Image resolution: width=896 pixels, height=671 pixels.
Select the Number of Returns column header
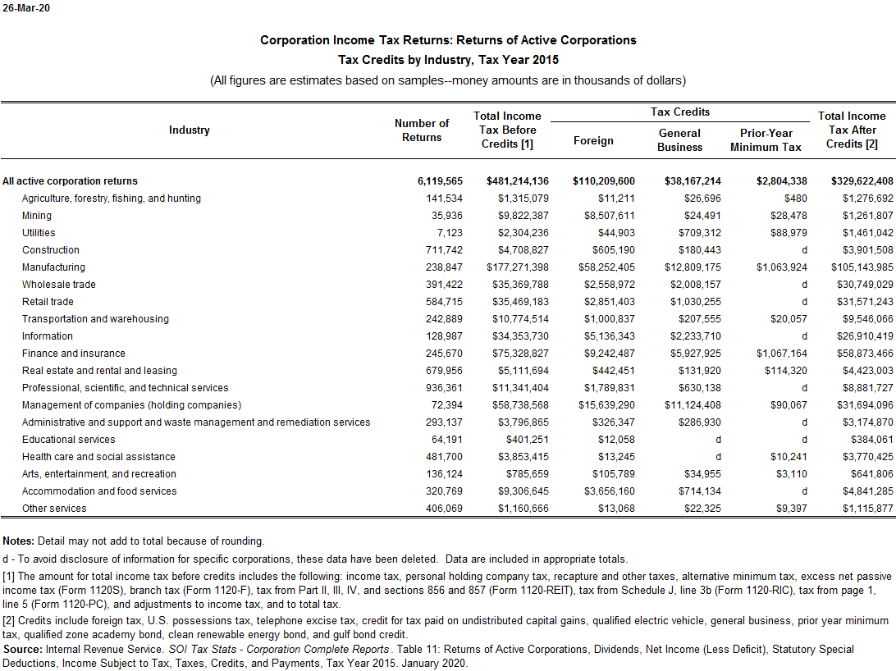pos(422,130)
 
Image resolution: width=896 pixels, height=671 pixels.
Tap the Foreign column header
pos(593,140)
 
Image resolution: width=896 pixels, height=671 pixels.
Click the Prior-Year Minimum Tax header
pos(766,140)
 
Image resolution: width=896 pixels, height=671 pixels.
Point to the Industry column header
pos(190,130)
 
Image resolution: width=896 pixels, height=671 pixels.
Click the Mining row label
pos(37,216)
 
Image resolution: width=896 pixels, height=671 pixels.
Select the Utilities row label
pos(39,233)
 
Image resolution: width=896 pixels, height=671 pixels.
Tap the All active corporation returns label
pos(70,181)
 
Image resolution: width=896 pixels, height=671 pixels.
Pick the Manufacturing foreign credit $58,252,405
pos(604,267)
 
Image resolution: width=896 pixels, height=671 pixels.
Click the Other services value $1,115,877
pos(861,509)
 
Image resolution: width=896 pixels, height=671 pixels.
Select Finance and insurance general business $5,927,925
pos(693,354)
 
